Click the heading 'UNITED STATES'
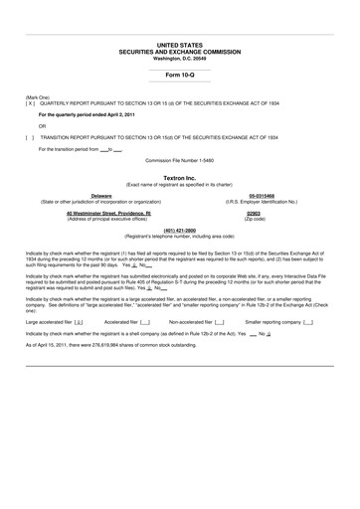point(180,45)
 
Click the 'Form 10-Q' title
point(180,76)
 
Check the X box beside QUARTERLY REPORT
point(31,102)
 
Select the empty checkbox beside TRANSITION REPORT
point(31,136)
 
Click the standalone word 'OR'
point(42,126)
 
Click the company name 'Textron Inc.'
point(180,176)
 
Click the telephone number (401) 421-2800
point(180,231)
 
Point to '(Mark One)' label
point(38,96)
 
